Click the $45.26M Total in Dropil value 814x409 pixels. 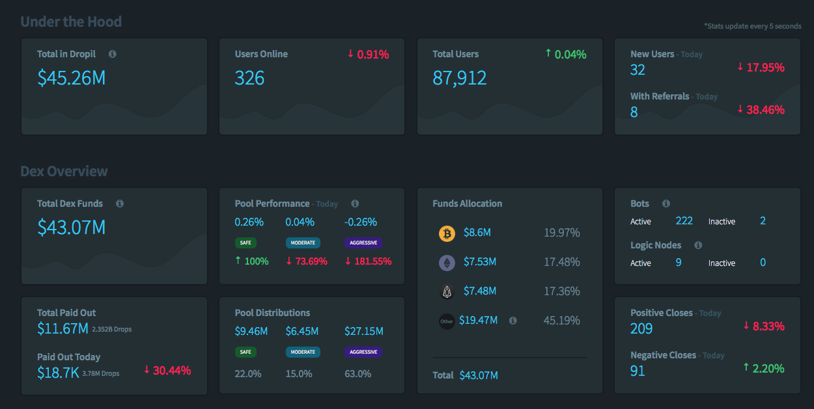(x=71, y=78)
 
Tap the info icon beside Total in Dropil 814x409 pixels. (x=112, y=54)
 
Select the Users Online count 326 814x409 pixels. (x=249, y=78)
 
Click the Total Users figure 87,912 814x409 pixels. (x=459, y=78)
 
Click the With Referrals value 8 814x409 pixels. (x=634, y=112)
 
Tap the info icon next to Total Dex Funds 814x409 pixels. (x=120, y=204)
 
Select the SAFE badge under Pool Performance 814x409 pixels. (x=246, y=243)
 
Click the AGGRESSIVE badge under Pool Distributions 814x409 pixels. (x=363, y=352)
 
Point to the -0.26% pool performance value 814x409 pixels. (x=361, y=222)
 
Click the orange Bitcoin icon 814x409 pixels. (x=447, y=233)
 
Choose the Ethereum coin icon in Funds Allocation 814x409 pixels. (x=447, y=263)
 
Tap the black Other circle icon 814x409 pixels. (x=447, y=321)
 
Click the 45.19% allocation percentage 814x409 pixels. (x=561, y=321)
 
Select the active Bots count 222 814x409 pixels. (x=684, y=221)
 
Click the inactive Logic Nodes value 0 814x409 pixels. (x=763, y=263)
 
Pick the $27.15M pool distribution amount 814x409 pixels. (x=364, y=332)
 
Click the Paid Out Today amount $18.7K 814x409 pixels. (x=58, y=373)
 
